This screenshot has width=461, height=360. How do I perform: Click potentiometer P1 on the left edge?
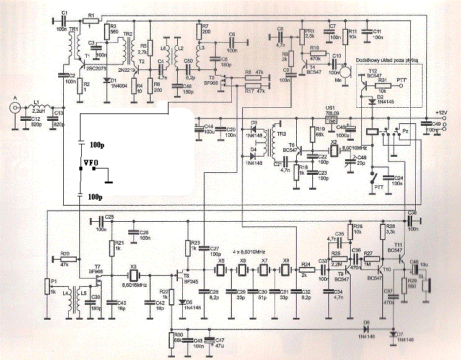(x=47, y=286)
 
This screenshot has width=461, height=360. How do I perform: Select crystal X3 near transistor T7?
(x=133, y=274)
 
